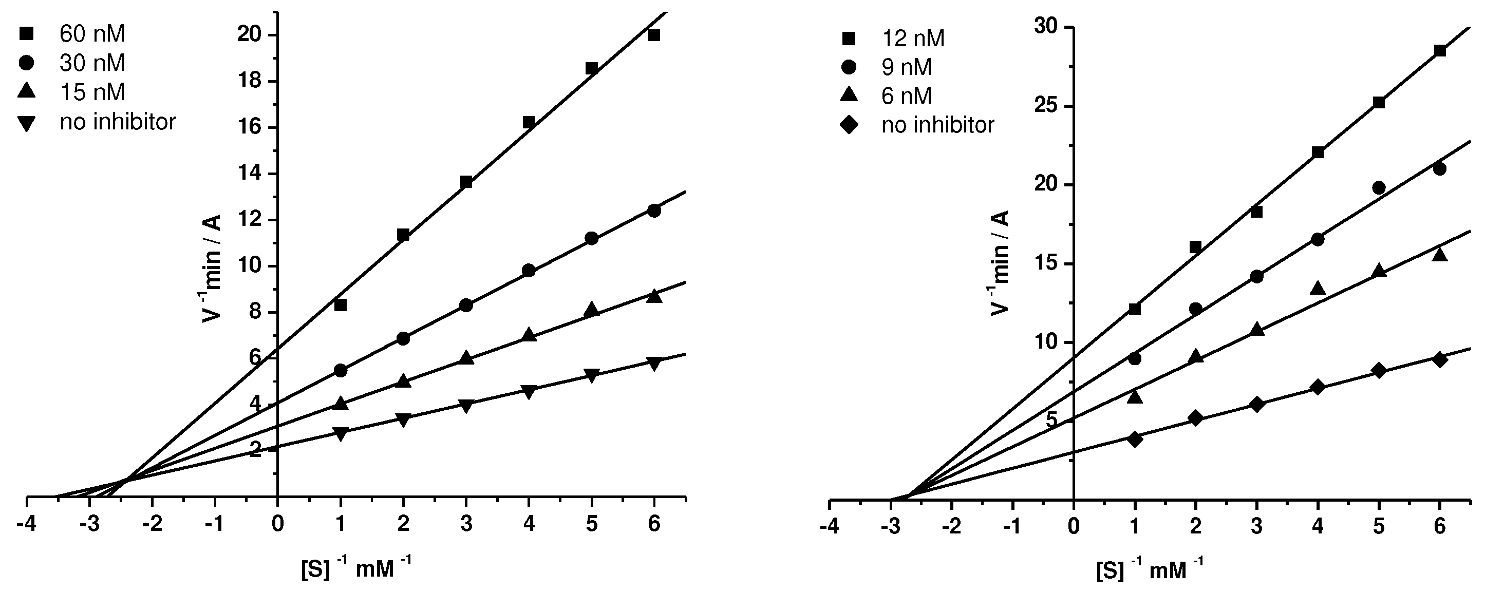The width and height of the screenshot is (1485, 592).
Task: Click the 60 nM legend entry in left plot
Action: (91, 34)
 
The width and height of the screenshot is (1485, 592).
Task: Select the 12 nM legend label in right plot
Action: (913, 39)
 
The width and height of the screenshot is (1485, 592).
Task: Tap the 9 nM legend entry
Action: (906, 67)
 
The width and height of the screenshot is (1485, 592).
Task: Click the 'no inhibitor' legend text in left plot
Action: (118, 122)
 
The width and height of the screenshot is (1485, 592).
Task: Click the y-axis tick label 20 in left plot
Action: (249, 35)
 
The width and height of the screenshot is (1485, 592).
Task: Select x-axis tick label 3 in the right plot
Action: (1257, 526)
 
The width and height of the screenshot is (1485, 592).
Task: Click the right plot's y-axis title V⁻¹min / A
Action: (1000, 263)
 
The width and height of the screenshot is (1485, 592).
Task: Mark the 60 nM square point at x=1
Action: (341, 305)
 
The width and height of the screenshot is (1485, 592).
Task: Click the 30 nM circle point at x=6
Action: (654, 211)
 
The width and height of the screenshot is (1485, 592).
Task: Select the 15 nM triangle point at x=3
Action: (466, 358)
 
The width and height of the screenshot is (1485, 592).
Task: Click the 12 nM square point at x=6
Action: (1439, 51)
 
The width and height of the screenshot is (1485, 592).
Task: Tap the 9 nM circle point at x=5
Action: (1379, 188)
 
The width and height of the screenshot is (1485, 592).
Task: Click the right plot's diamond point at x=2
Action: (1196, 418)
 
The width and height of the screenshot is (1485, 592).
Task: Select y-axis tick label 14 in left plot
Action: (249, 174)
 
